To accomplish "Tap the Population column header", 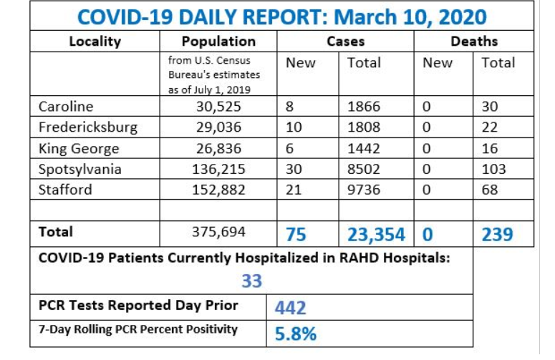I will [218, 42].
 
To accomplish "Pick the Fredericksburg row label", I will [87, 128].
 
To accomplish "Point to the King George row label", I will [75, 149].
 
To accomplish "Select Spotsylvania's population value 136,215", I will [218, 170].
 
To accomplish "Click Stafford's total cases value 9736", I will [365, 190].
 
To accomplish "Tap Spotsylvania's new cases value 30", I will [294, 170].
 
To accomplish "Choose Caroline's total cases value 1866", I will [365, 107].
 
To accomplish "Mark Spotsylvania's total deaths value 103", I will [493, 170].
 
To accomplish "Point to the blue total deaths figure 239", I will [497, 234].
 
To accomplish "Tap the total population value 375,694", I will [218, 233].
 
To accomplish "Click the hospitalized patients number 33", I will [252, 281].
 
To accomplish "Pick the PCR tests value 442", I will [291, 308].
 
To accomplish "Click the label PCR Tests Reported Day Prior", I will [138, 306].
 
